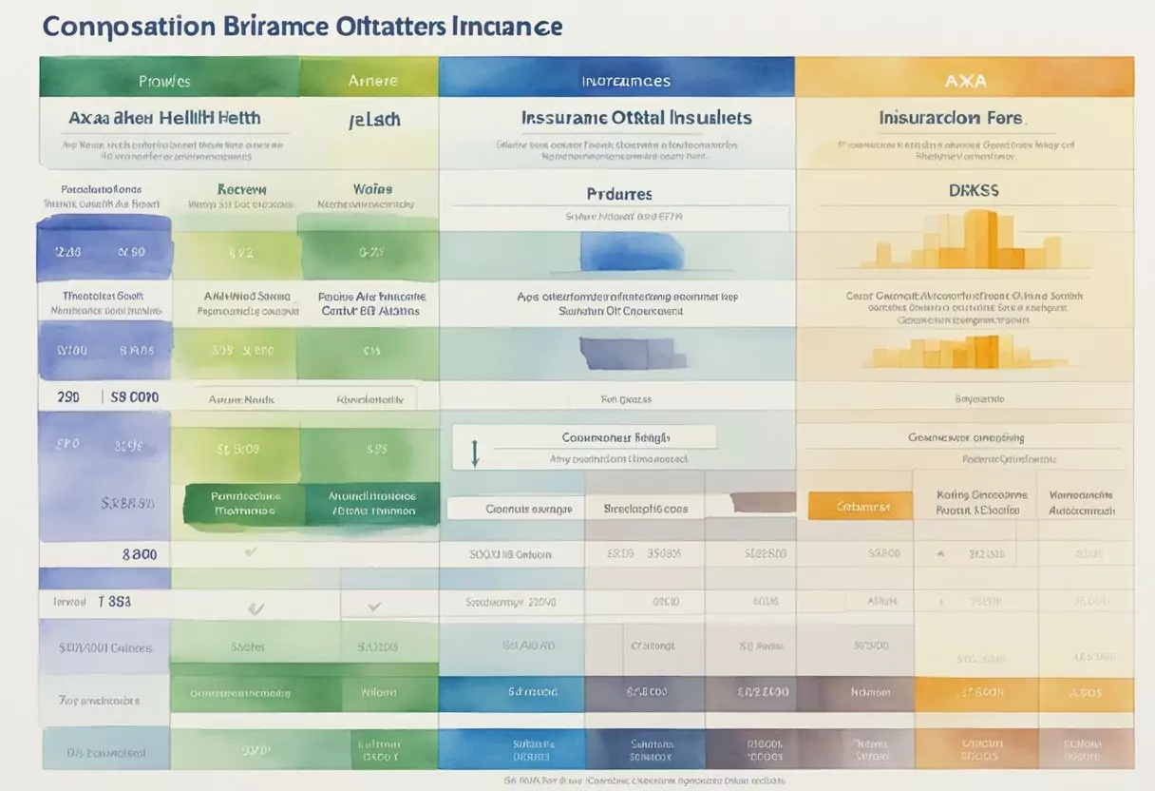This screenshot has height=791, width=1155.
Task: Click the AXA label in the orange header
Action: pyautogui.click(x=965, y=81)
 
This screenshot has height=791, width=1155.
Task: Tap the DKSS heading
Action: pyautogui.click(x=973, y=190)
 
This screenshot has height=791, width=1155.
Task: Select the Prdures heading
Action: pyautogui.click(x=619, y=194)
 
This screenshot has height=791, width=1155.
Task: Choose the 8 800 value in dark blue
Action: pyautogui.click(x=140, y=553)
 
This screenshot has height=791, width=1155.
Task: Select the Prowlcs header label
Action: pyautogui.click(x=164, y=82)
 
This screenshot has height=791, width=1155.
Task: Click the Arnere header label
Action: pyautogui.click(x=372, y=81)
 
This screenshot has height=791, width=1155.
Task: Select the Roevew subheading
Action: pyautogui.click(x=241, y=189)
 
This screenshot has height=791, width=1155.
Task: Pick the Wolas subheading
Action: pyautogui.click(x=372, y=189)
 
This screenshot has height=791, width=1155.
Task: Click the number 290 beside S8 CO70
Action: pyautogui.click(x=68, y=397)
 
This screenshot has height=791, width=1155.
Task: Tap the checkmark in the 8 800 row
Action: pyautogui.click(x=251, y=550)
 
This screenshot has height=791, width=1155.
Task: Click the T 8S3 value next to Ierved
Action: pyautogui.click(x=114, y=601)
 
